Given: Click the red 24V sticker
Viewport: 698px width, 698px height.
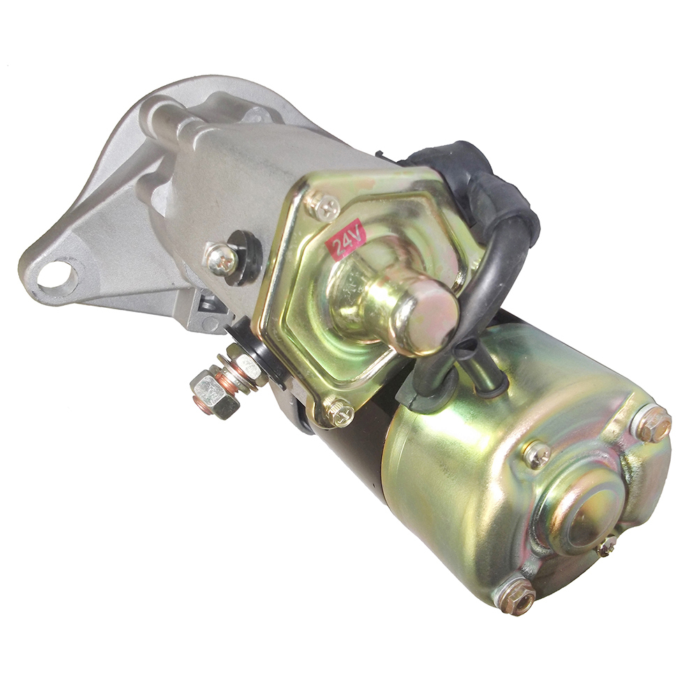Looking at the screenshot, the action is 347,239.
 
